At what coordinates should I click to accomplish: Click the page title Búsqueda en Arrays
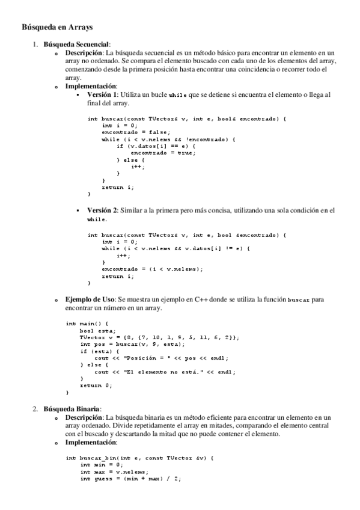(x=57, y=27)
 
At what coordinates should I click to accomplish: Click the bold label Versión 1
(x=102, y=95)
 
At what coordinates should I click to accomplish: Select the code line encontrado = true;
(x=163, y=152)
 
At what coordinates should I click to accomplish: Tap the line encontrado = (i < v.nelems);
(x=152, y=269)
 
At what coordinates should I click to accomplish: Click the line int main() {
(x=87, y=324)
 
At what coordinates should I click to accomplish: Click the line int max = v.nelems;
(x=114, y=472)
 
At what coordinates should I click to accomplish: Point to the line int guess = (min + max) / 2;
(x=130, y=478)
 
